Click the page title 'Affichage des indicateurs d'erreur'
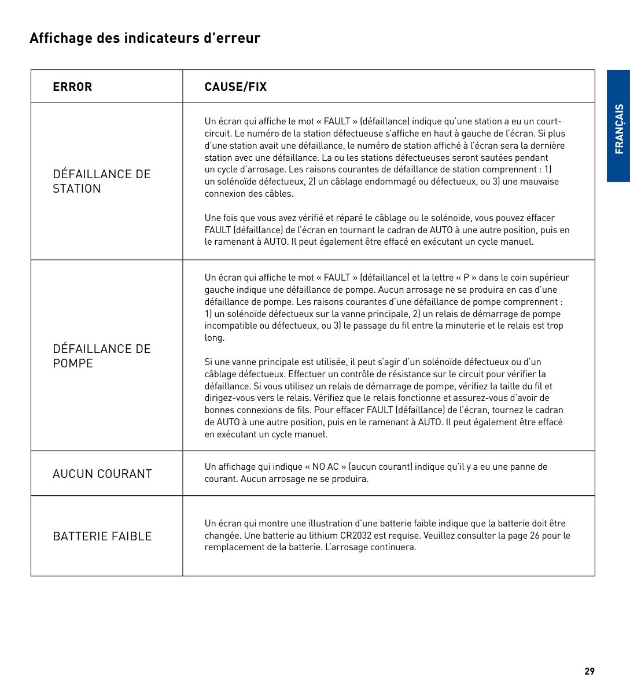(145, 38)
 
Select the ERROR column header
(72, 87)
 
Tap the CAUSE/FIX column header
(235, 87)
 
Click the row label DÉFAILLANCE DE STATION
(101, 181)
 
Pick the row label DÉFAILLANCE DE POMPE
(101, 356)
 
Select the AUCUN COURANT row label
(102, 474)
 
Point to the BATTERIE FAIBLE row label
(102, 536)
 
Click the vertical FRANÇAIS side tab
(619, 128)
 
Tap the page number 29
(590, 671)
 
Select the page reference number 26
(534, 536)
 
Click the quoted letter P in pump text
(466, 278)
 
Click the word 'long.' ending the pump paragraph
(214, 338)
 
